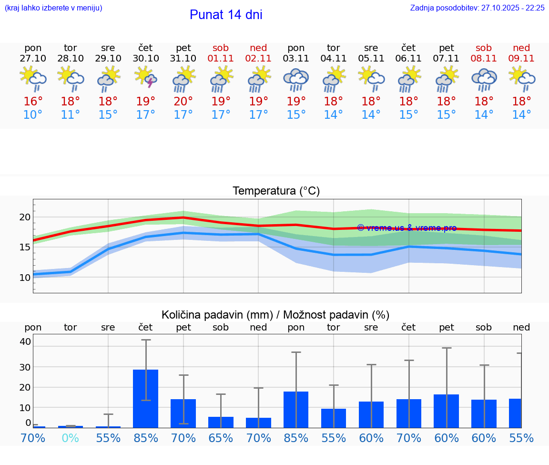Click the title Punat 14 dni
point(226,15)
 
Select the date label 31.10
point(183,58)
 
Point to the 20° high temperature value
point(183,101)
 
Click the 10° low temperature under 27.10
point(33,115)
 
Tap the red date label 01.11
point(221,58)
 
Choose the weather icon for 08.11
point(484,79)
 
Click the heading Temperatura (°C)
point(276,191)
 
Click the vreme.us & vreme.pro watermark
point(407,228)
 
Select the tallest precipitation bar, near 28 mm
point(146,398)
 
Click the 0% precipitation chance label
point(71,438)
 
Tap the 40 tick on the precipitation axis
point(25,341)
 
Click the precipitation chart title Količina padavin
point(275,315)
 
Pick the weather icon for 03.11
point(296,79)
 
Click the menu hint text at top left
point(53,8)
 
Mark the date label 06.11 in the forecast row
point(408,58)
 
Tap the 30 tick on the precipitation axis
point(25,367)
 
